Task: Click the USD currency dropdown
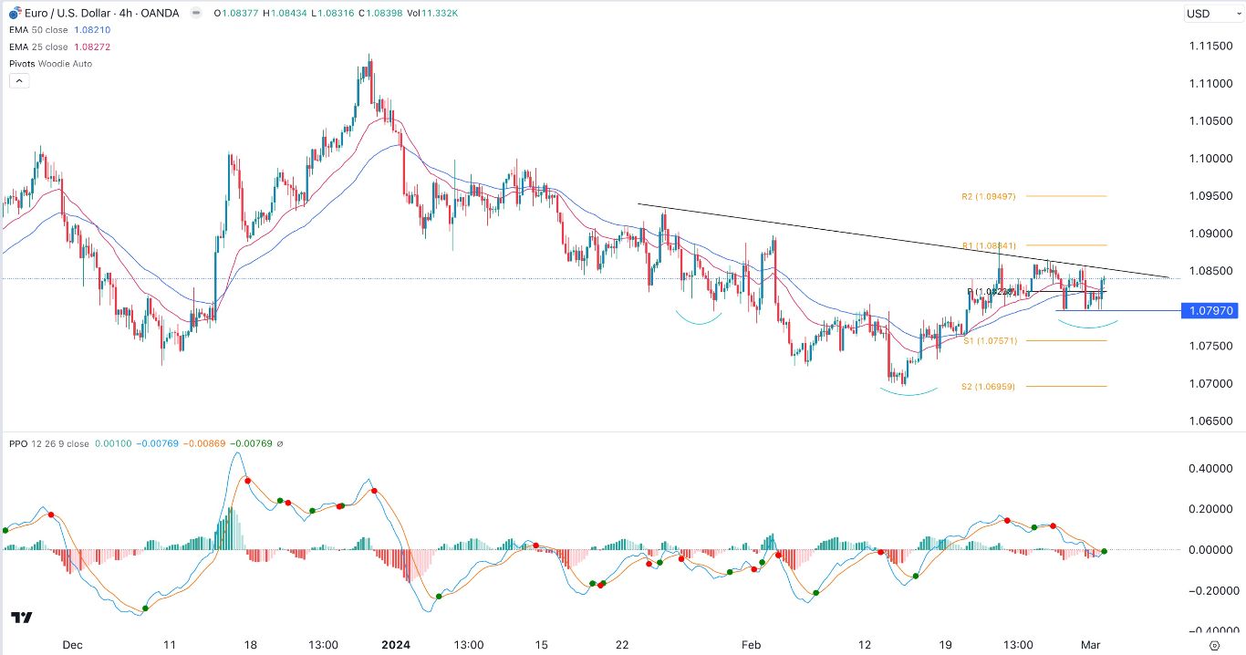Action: (x=1210, y=14)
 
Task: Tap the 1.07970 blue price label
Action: (x=1211, y=311)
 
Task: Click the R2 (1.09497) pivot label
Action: (x=988, y=196)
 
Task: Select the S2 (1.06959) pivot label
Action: (x=988, y=387)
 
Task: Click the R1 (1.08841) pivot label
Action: (x=990, y=245)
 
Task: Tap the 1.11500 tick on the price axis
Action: (x=1211, y=46)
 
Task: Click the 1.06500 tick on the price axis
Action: (x=1211, y=421)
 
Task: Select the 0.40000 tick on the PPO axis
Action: (x=1211, y=469)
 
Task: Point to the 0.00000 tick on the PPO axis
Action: (x=1211, y=550)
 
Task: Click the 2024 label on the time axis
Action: (x=396, y=644)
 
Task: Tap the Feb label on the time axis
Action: (x=750, y=644)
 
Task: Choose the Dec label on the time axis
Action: (x=72, y=644)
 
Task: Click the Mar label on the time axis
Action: (x=1091, y=644)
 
